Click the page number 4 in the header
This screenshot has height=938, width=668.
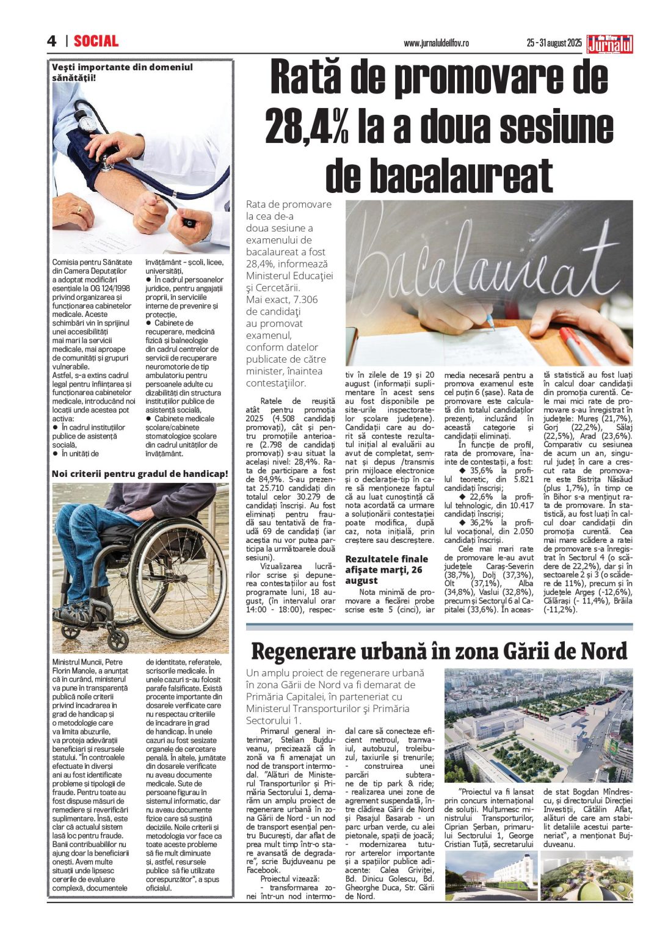click(x=52, y=41)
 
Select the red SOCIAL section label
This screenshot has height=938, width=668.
click(x=96, y=41)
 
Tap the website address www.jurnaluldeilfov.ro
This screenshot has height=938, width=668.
click(x=436, y=43)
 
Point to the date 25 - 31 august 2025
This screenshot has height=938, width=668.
click(x=554, y=43)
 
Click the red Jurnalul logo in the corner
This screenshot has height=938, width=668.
click(x=609, y=44)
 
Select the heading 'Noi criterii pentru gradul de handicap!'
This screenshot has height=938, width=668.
click(x=140, y=473)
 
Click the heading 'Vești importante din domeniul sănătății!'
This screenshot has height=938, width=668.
click(x=122, y=72)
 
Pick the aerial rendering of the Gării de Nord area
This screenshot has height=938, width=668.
click(x=538, y=725)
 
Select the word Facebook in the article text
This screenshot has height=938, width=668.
click(x=263, y=870)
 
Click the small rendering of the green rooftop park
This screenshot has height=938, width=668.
click(x=587, y=876)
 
